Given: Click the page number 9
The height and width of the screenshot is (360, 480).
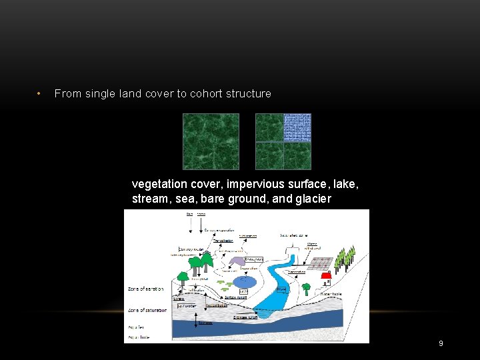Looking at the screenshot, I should pos(441,343).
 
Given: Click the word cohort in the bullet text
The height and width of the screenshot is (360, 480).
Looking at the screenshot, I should pos(209,94).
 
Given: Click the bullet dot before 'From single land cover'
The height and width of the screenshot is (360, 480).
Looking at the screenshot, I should pos(40,94).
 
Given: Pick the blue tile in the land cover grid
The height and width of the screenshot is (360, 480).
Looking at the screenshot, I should pos(297,127).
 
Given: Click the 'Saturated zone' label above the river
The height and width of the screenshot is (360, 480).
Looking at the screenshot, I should pos(294,235).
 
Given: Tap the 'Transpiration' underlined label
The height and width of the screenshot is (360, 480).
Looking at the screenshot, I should pos(222,240).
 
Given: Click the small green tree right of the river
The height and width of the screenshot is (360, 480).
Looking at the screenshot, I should pos(306,289).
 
